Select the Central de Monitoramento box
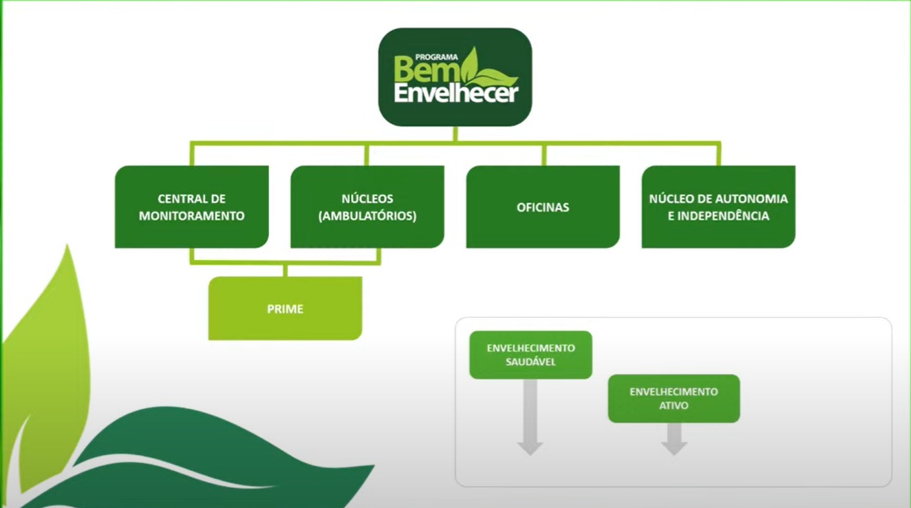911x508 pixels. (x=191, y=207)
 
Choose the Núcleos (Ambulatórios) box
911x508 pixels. (x=367, y=207)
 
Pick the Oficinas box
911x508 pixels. (x=543, y=207)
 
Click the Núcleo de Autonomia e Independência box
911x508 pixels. (x=718, y=207)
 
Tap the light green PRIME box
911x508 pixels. (x=285, y=309)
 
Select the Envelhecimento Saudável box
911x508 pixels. (x=530, y=354)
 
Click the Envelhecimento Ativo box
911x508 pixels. (x=674, y=399)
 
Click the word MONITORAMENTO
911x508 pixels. (x=191, y=215)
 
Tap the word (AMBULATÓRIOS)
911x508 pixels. (x=367, y=215)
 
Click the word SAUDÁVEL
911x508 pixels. (x=530, y=362)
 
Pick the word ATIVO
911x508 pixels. (x=674, y=406)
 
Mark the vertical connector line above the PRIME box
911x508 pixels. (x=285, y=270)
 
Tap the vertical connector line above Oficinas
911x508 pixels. (x=544, y=155)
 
